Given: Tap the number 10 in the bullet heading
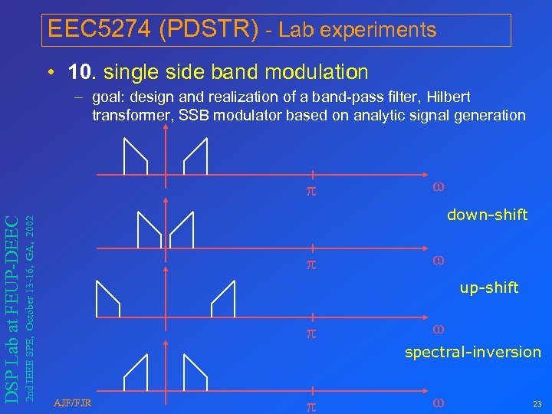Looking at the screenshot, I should pyautogui.click(x=80, y=72).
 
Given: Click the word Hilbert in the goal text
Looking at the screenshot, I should pyautogui.click(x=449, y=97).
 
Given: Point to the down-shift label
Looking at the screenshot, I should pyautogui.click(x=487, y=215).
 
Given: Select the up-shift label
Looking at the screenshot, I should pyautogui.click(x=489, y=287).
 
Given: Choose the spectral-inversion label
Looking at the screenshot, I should pyautogui.click(x=472, y=352).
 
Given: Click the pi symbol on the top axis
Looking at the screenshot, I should pyautogui.click(x=310, y=188).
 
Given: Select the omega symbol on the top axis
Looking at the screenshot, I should pyautogui.click(x=439, y=186).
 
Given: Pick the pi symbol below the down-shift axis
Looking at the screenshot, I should pyautogui.click(x=310, y=264).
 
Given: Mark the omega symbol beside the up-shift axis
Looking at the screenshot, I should pyautogui.click(x=439, y=330).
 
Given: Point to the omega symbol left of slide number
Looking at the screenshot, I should pyautogui.click(x=439, y=402).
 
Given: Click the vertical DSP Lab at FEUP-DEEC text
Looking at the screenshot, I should pyautogui.click(x=13, y=307).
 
